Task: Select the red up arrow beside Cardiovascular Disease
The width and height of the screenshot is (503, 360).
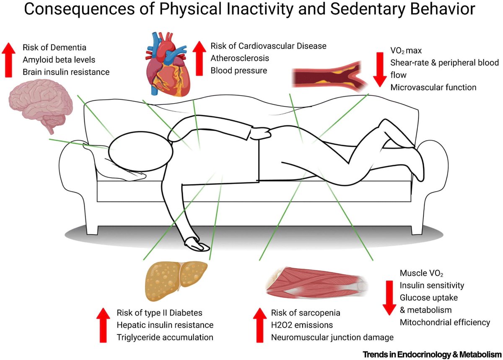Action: (x=198, y=58)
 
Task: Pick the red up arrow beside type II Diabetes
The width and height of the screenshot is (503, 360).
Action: (x=104, y=325)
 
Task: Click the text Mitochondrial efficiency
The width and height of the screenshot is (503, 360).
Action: (x=444, y=322)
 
